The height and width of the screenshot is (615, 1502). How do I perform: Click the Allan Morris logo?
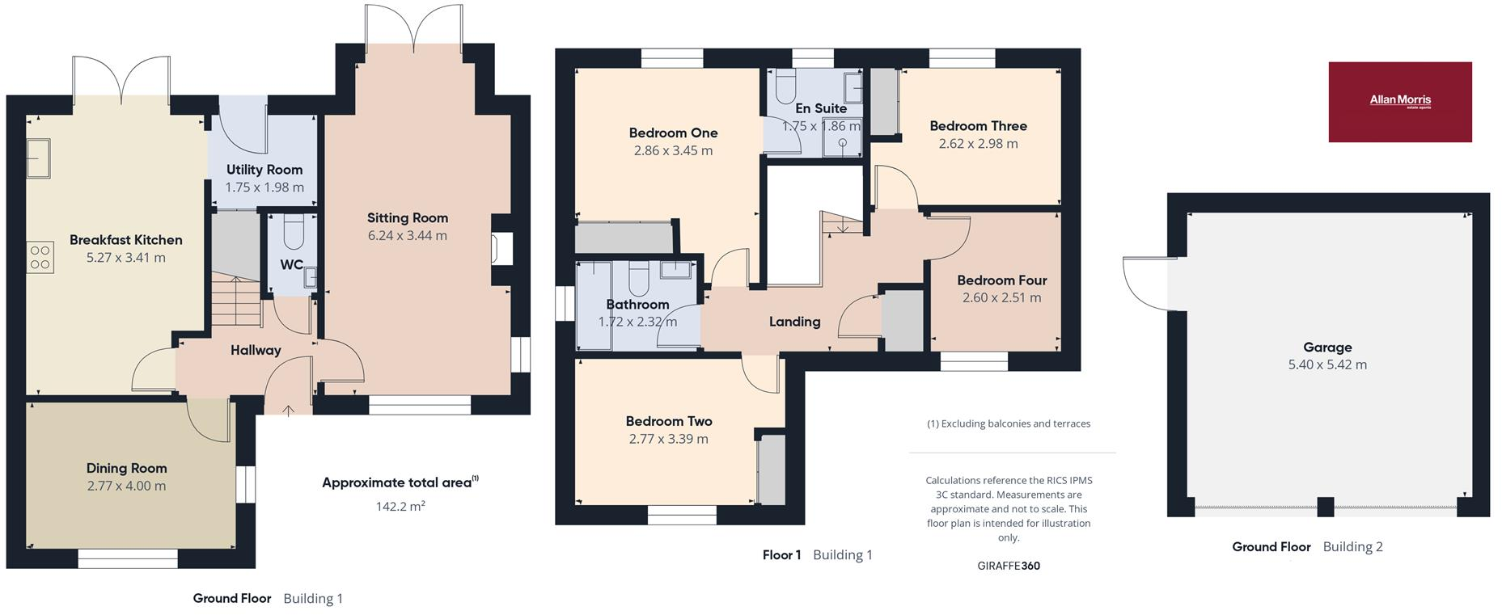coord(1399,102)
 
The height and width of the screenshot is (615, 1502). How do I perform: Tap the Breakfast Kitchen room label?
coord(125,240)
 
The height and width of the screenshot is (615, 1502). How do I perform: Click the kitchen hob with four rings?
coord(40,258)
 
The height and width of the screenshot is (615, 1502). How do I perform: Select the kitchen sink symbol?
coord(38,158)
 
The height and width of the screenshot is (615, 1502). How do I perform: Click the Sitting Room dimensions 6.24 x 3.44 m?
coord(407,236)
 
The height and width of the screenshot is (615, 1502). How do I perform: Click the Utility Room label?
coord(264,170)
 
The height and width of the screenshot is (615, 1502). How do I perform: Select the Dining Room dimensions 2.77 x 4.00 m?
coord(126,486)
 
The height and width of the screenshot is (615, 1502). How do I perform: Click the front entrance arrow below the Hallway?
coord(289,411)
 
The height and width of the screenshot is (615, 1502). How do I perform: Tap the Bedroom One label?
coord(673,133)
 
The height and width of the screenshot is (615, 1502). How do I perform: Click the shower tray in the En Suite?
coord(842,145)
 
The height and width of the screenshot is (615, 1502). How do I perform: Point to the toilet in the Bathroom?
coord(638,280)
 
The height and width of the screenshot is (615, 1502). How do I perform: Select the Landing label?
coord(794,322)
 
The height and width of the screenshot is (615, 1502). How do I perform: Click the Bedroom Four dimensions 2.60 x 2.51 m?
coord(1001,297)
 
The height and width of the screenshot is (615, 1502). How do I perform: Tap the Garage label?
coord(1326,348)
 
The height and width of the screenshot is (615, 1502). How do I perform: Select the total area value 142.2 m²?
coord(400,507)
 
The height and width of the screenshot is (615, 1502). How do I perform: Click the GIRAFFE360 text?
coord(1008,566)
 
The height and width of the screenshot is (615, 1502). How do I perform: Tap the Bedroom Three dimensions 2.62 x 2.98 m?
coord(978,144)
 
